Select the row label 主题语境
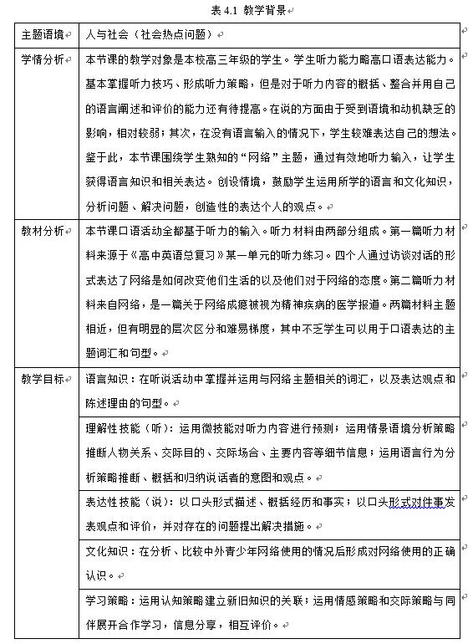[x=42, y=35]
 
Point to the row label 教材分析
[x=42, y=233]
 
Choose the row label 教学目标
[x=42, y=379]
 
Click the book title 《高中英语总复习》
[x=181, y=257]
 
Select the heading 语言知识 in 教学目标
[x=106, y=379]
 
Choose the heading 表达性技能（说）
[x=126, y=502]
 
